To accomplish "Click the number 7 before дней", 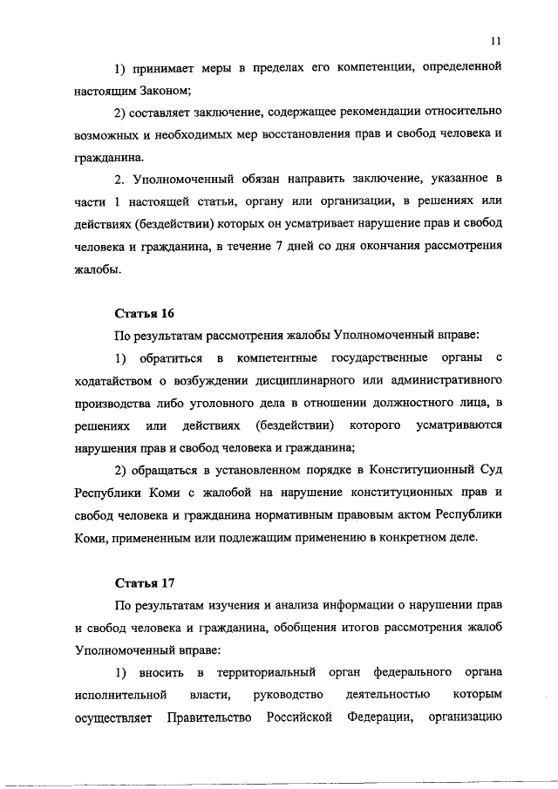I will pos(338,248).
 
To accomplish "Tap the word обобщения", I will pos(318,628).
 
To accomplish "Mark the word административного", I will pos(439,382).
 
